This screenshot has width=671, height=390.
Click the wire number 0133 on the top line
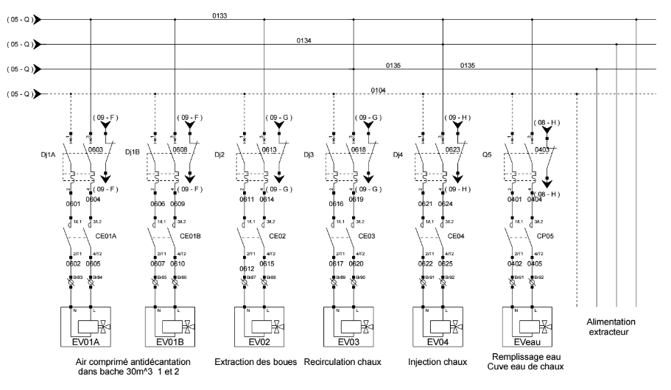[x=239, y=14]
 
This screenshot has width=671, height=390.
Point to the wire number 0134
[x=304, y=40]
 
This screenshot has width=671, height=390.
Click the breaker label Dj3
[x=309, y=155]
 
